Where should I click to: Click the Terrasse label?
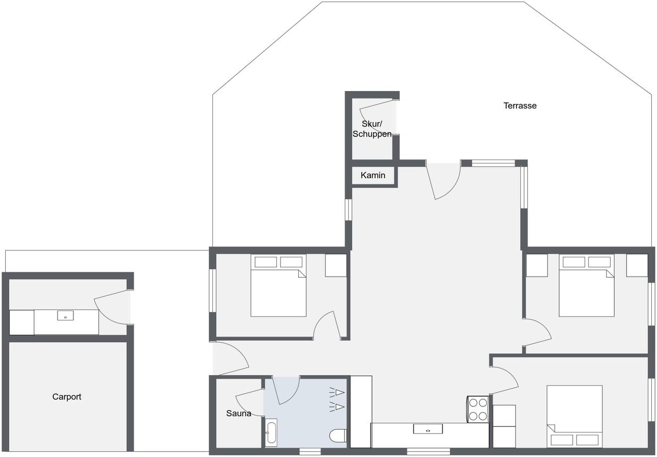[520, 105]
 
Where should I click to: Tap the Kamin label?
[373, 175]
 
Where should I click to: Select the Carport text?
[67, 396]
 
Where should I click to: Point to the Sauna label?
[239, 413]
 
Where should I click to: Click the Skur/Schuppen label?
[372, 129]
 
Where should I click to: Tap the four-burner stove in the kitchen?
[478, 409]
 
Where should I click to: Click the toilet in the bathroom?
[338, 436]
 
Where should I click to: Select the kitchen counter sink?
[428, 429]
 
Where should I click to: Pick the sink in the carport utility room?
[65, 315]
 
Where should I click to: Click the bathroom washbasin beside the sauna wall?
[270, 433]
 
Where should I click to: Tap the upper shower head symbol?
[336, 392]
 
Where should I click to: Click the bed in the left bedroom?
[278, 286]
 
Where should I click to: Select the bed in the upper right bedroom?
[587, 286]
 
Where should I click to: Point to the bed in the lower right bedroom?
[574, 417]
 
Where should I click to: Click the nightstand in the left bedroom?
[336, 265]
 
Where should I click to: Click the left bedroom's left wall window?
[212, 290]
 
